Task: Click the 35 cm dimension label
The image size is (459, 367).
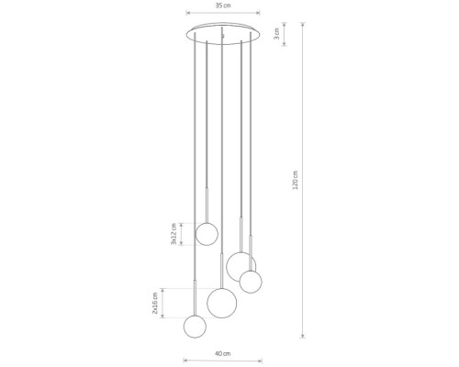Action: click(223, 6)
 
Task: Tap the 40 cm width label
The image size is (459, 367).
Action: click(223, 354)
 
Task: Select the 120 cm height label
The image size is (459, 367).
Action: click(296, 180)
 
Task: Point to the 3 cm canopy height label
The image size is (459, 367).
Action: click(277, 34)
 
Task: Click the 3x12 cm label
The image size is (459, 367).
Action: click(174, 234)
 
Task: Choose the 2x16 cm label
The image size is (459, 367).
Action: click(155, 303)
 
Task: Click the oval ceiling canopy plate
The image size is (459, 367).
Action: click(223, 34)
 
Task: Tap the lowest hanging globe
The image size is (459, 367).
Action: click(195, 327)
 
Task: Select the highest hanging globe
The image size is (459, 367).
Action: click(207, 234)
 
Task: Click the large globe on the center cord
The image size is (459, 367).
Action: click(222, 303)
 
